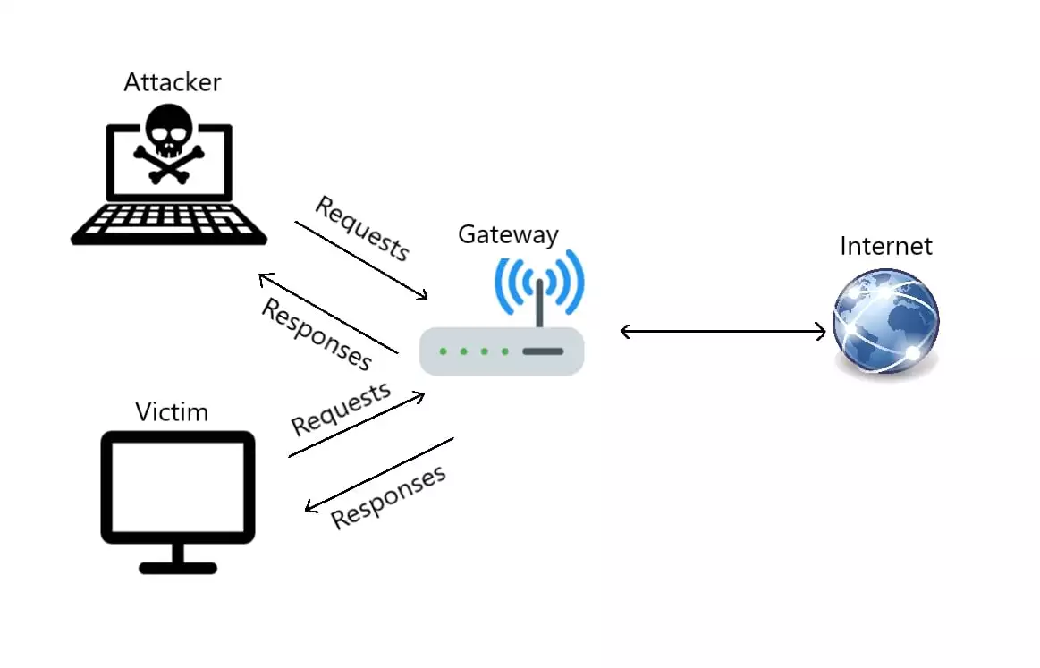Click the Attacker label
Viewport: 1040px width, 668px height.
click(x=172, y=82)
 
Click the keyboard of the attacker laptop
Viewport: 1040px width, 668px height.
click(x=169, y=221)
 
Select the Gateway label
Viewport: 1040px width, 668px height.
click(x=508, y=234)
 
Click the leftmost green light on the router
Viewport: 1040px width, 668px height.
click(x=444, y=351)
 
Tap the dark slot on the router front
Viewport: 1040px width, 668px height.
click(x=542, y=351)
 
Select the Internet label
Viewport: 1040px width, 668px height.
click(x=885, y=246)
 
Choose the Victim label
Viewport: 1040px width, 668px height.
click(x=172, y=412)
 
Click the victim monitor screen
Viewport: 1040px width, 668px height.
click(x=178, y=486)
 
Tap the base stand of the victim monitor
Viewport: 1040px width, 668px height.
click(x=178, y=567)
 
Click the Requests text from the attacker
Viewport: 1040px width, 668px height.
click(x=362, y=229)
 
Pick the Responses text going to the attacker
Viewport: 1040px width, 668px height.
click(x=316, y=334)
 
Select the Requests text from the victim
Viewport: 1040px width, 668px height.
click(x=341, y=409)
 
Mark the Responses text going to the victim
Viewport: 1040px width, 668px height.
click(x=388, y=497)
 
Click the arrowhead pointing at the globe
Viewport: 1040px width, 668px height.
click(x=820, y=333)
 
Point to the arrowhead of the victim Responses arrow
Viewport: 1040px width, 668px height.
click(x=310, y=507)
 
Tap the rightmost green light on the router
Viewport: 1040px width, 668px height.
click(x=505, y=351)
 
